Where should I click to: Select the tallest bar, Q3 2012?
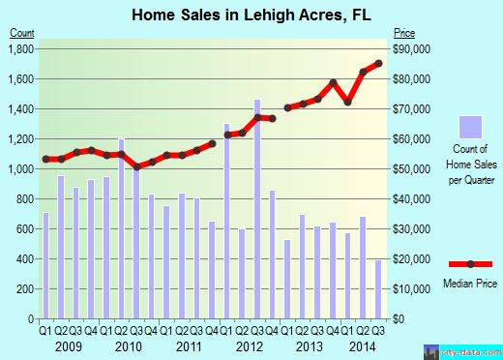257,208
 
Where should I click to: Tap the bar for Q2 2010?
121,228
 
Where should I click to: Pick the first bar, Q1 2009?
45,265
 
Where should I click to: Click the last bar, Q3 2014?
378,288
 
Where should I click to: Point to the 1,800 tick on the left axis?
21,48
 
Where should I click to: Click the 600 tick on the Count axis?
25,228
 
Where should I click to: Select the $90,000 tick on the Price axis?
409,48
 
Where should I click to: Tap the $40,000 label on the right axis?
409,198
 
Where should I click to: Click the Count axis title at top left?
22,32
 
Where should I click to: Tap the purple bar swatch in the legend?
470,128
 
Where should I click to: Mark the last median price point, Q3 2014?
378,64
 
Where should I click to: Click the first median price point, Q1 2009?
45,159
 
